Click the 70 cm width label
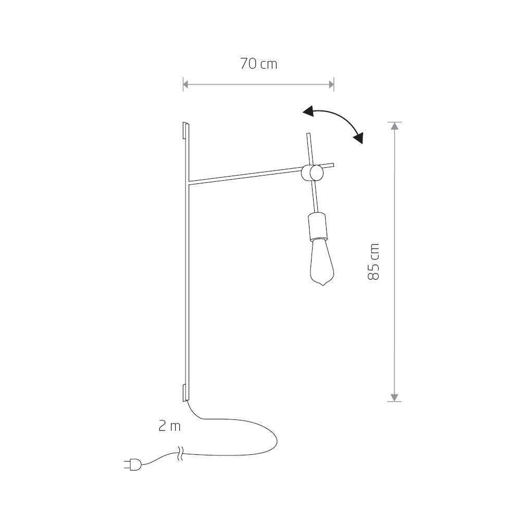coord(258,64)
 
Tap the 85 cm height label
coord(374,262)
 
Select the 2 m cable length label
coord(169,426)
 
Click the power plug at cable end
coord(132,465)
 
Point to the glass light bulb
coord(321,263)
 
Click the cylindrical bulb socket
coord(318,226)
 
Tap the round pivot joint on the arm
coord(312,173)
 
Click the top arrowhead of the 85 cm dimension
coord(394,126)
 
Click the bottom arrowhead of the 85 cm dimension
coord(394,398)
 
